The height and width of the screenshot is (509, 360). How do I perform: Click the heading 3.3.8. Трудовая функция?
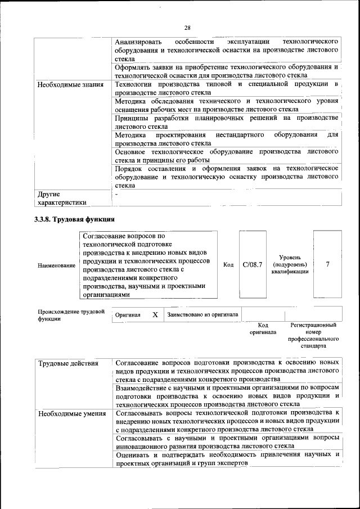(75, 219)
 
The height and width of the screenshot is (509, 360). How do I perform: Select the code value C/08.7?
(253, 264)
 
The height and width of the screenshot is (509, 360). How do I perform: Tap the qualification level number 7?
(327, 264)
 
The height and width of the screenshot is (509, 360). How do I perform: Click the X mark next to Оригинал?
(155, 315)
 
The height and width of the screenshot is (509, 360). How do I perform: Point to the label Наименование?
(56, 265)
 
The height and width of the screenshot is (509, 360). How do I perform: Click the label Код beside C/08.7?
(228, 265)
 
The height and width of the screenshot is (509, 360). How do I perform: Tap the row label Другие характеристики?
(62, 197)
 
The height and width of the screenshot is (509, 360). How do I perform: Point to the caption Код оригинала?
(263, 328)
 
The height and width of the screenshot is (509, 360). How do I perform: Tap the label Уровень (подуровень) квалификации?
(289, 264)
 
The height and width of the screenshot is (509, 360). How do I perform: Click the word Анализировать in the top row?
(138, 42)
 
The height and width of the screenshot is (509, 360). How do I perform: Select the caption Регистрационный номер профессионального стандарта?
(313, 336)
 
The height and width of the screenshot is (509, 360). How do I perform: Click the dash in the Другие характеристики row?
(116, 194)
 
